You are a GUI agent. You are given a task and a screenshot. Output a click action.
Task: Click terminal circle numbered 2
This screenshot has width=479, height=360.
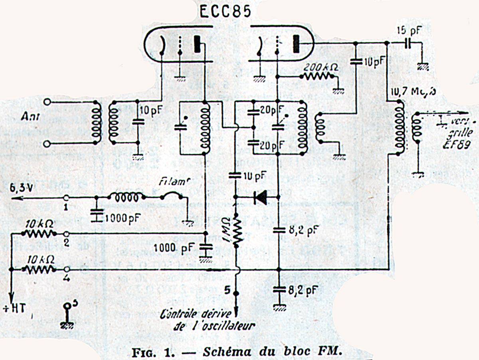pos(67,233)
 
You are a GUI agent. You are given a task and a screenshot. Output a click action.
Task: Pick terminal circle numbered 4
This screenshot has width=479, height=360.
pos(67,270)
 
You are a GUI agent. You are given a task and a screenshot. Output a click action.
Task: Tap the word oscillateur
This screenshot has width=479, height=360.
pos(226,326)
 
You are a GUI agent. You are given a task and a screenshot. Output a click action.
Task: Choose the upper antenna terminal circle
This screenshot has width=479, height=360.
pos(48,102)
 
